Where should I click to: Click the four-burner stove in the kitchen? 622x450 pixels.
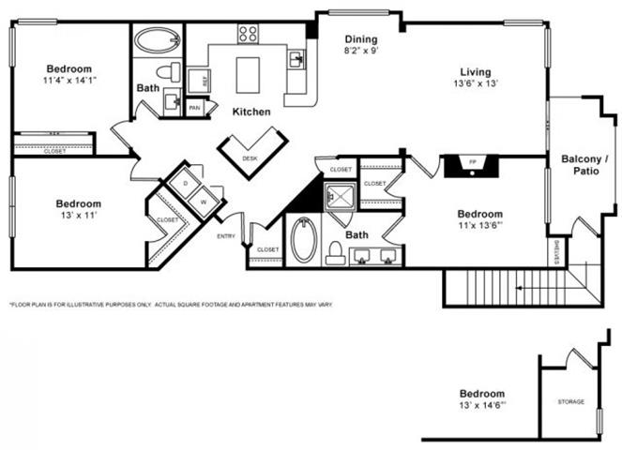point(248,34)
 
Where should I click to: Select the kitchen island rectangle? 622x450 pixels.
point(248,75)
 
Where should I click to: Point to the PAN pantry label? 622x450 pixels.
point(195,108)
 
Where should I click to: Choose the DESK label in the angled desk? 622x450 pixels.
point(250,158)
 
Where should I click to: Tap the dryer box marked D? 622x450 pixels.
point(186,182)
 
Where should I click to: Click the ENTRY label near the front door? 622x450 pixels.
point(226,236)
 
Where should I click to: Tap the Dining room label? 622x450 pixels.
point(360,39)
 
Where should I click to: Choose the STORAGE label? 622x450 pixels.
point(570,401)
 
